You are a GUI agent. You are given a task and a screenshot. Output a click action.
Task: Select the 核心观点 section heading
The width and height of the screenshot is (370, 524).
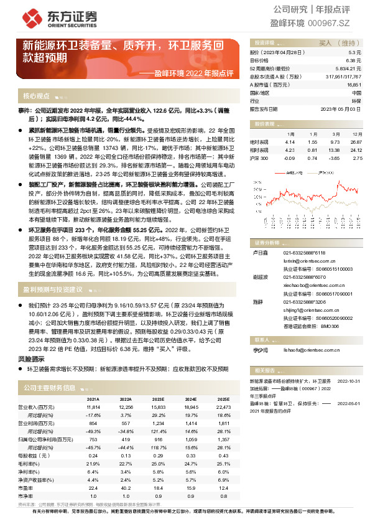coord(36,96)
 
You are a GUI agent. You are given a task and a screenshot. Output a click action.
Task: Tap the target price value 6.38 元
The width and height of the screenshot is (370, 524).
coord(354,61)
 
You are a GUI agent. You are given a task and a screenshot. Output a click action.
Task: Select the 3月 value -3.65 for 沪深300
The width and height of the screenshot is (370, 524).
coord(335,159)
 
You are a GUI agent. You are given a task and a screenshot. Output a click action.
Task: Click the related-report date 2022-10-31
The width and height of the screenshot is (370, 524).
coord(349,380)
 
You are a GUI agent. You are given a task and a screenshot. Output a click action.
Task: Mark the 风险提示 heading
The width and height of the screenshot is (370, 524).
coord(30,358)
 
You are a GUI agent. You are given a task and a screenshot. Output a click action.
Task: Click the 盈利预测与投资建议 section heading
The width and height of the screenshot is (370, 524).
coord(52,289)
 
